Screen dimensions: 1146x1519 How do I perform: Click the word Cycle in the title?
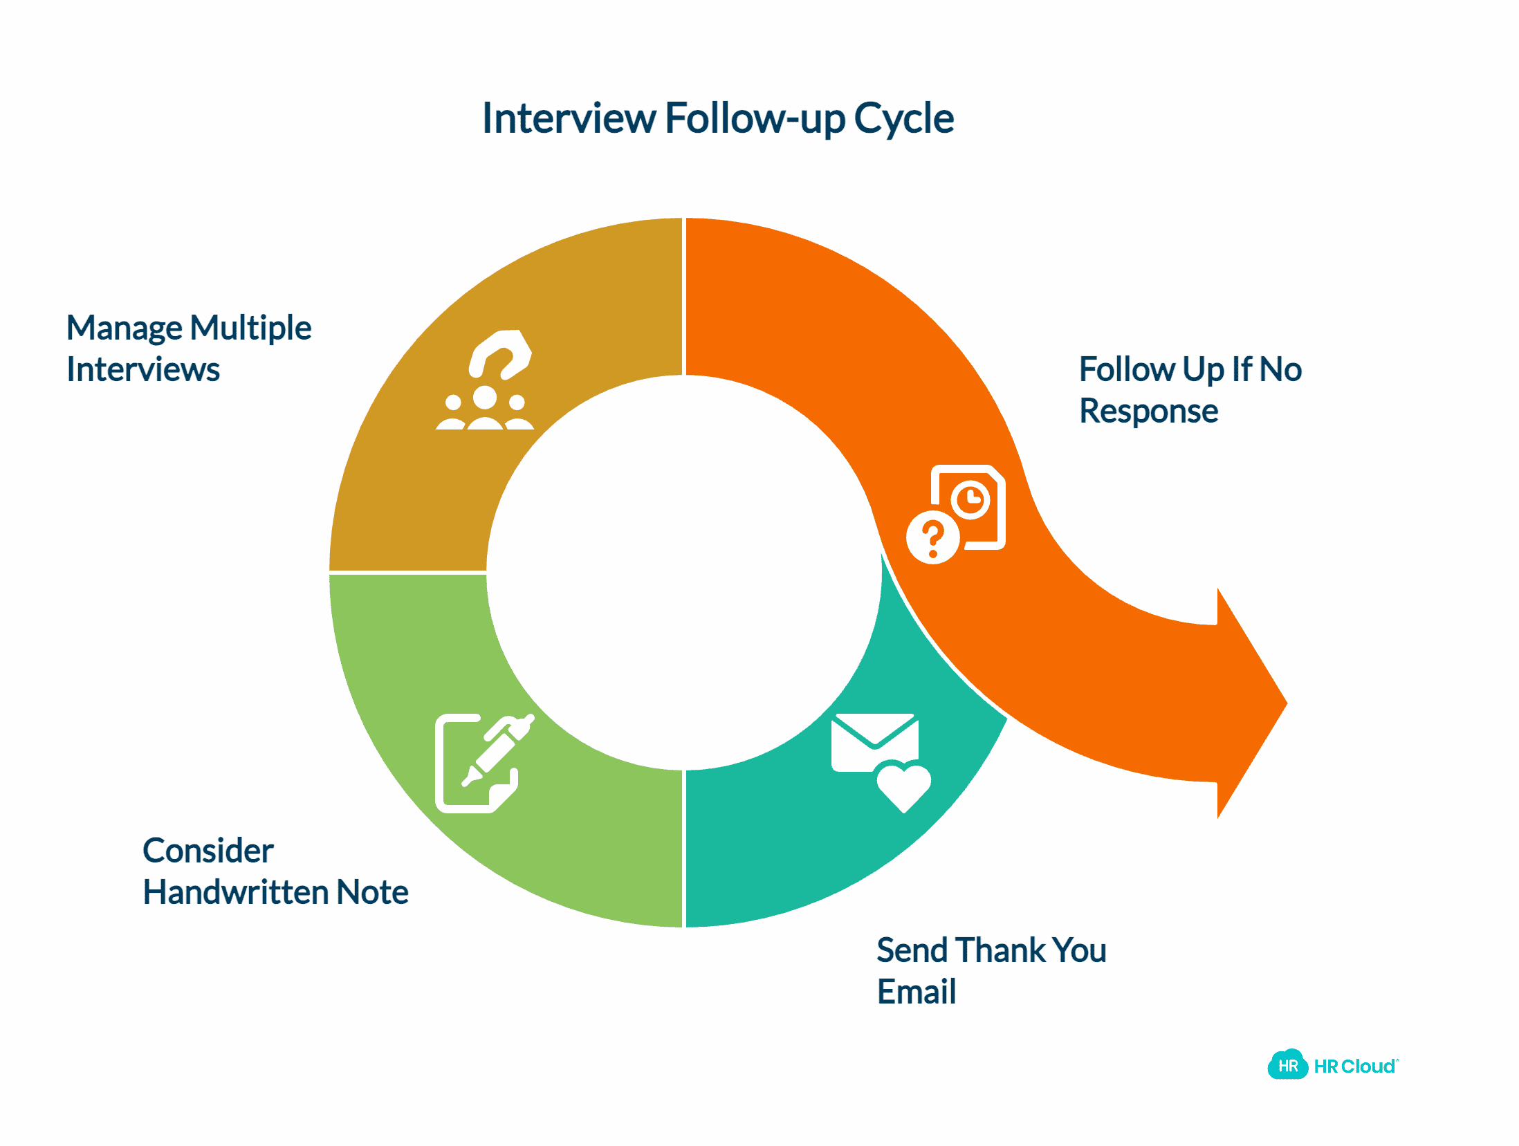click(903, 119)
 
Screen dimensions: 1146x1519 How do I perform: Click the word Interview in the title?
click(569, 119)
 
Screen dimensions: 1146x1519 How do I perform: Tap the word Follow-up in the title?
click(755, 119)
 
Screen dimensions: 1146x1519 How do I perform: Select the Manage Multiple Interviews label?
click(188, 349)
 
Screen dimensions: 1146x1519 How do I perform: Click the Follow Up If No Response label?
click(1190, 390)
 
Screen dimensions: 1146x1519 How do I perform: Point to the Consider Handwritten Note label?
click(275, 871)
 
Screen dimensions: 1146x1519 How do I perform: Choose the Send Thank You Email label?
click(991, 971)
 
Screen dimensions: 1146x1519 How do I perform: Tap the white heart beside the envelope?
click(903, 786)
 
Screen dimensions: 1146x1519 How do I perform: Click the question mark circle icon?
click(932, 538)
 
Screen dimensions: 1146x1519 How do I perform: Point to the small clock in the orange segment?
click(970, 499)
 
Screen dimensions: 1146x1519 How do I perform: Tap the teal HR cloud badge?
click(1287, 1066)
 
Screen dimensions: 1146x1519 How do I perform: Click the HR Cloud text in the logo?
click(1354, 1066)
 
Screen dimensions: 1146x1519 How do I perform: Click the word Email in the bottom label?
click(916, 992)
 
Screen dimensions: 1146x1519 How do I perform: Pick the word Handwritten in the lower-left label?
click(235, 893)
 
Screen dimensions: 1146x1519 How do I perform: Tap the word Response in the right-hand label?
click(1148, 412)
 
